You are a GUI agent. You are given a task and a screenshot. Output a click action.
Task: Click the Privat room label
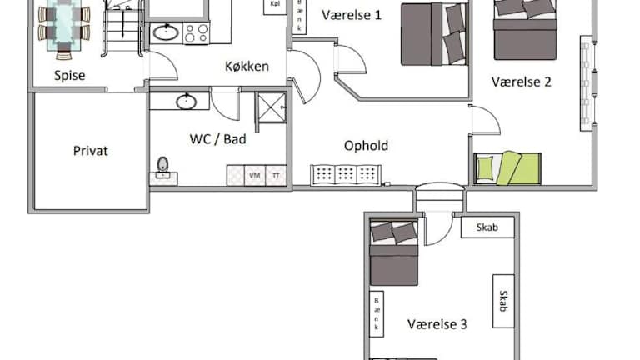[91, 151]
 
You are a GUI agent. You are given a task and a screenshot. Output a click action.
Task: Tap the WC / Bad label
[218, 139]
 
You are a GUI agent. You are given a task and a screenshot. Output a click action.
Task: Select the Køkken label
[247, 66]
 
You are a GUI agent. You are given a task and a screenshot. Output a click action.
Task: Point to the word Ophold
[366, 146]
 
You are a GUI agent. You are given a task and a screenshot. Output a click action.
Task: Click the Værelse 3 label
[437, 324]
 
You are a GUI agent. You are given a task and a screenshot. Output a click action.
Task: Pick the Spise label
[70, 76]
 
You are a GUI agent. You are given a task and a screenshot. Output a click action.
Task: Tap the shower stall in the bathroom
[271, 107]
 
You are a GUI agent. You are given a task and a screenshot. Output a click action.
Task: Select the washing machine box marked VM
[255, 176]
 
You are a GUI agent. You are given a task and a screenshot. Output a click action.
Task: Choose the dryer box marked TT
[277, 176]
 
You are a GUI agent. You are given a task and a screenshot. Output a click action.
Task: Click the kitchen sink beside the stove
[166, 33]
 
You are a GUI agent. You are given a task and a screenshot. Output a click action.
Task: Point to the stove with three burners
[197, 33]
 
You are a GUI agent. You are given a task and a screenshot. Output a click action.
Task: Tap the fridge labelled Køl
[276, 6]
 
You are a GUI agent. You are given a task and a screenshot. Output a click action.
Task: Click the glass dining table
[64, 25]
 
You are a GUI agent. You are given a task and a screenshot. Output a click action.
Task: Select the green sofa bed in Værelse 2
[507, 168]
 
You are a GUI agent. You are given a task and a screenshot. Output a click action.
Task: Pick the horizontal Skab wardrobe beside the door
[487, 227]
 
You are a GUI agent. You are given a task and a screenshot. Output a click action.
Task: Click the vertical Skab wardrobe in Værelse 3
[503, 301]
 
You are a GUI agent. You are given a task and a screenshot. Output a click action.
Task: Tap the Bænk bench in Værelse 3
[377, 313]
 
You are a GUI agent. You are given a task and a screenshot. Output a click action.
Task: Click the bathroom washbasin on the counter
[186, 102]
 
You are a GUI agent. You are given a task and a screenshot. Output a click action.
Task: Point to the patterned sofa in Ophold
[346, 175]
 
